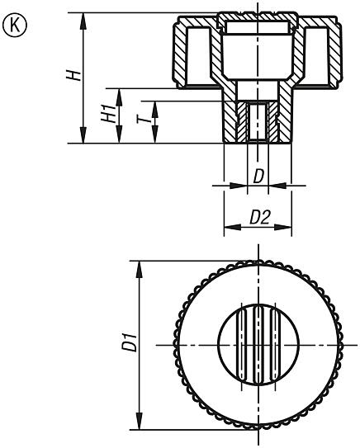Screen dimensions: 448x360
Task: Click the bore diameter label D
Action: (x=258, y=176)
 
